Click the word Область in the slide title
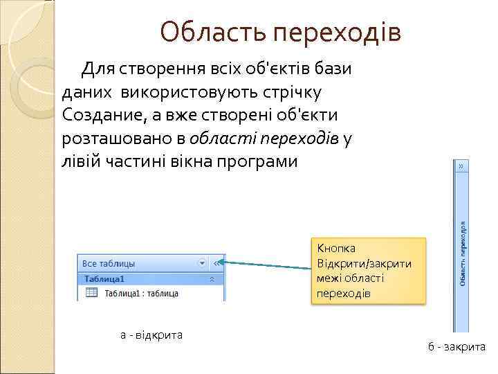pyautogui.click(x=213, y=32)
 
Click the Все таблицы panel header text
pyautogui.click(x=109, y=263)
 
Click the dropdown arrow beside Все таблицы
pyautogui.click(x=202, y=263)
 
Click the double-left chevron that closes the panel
pyautogui.click(x=217, y=263)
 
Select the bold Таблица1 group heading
pyautogui.click(x=104, y=279)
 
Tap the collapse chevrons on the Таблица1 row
pyautogui.click(x=212, y=279)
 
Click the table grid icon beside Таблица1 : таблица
pyautogui.click(x=91, y=293)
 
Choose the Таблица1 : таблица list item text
pyautogui.click(x=141, y=294)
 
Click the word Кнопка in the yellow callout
pyautogui.click(x=335, y=248)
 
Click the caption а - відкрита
pyautogui.click(x=151, y=335)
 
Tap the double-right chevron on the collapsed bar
pyautogui.click(x=460, y=166)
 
